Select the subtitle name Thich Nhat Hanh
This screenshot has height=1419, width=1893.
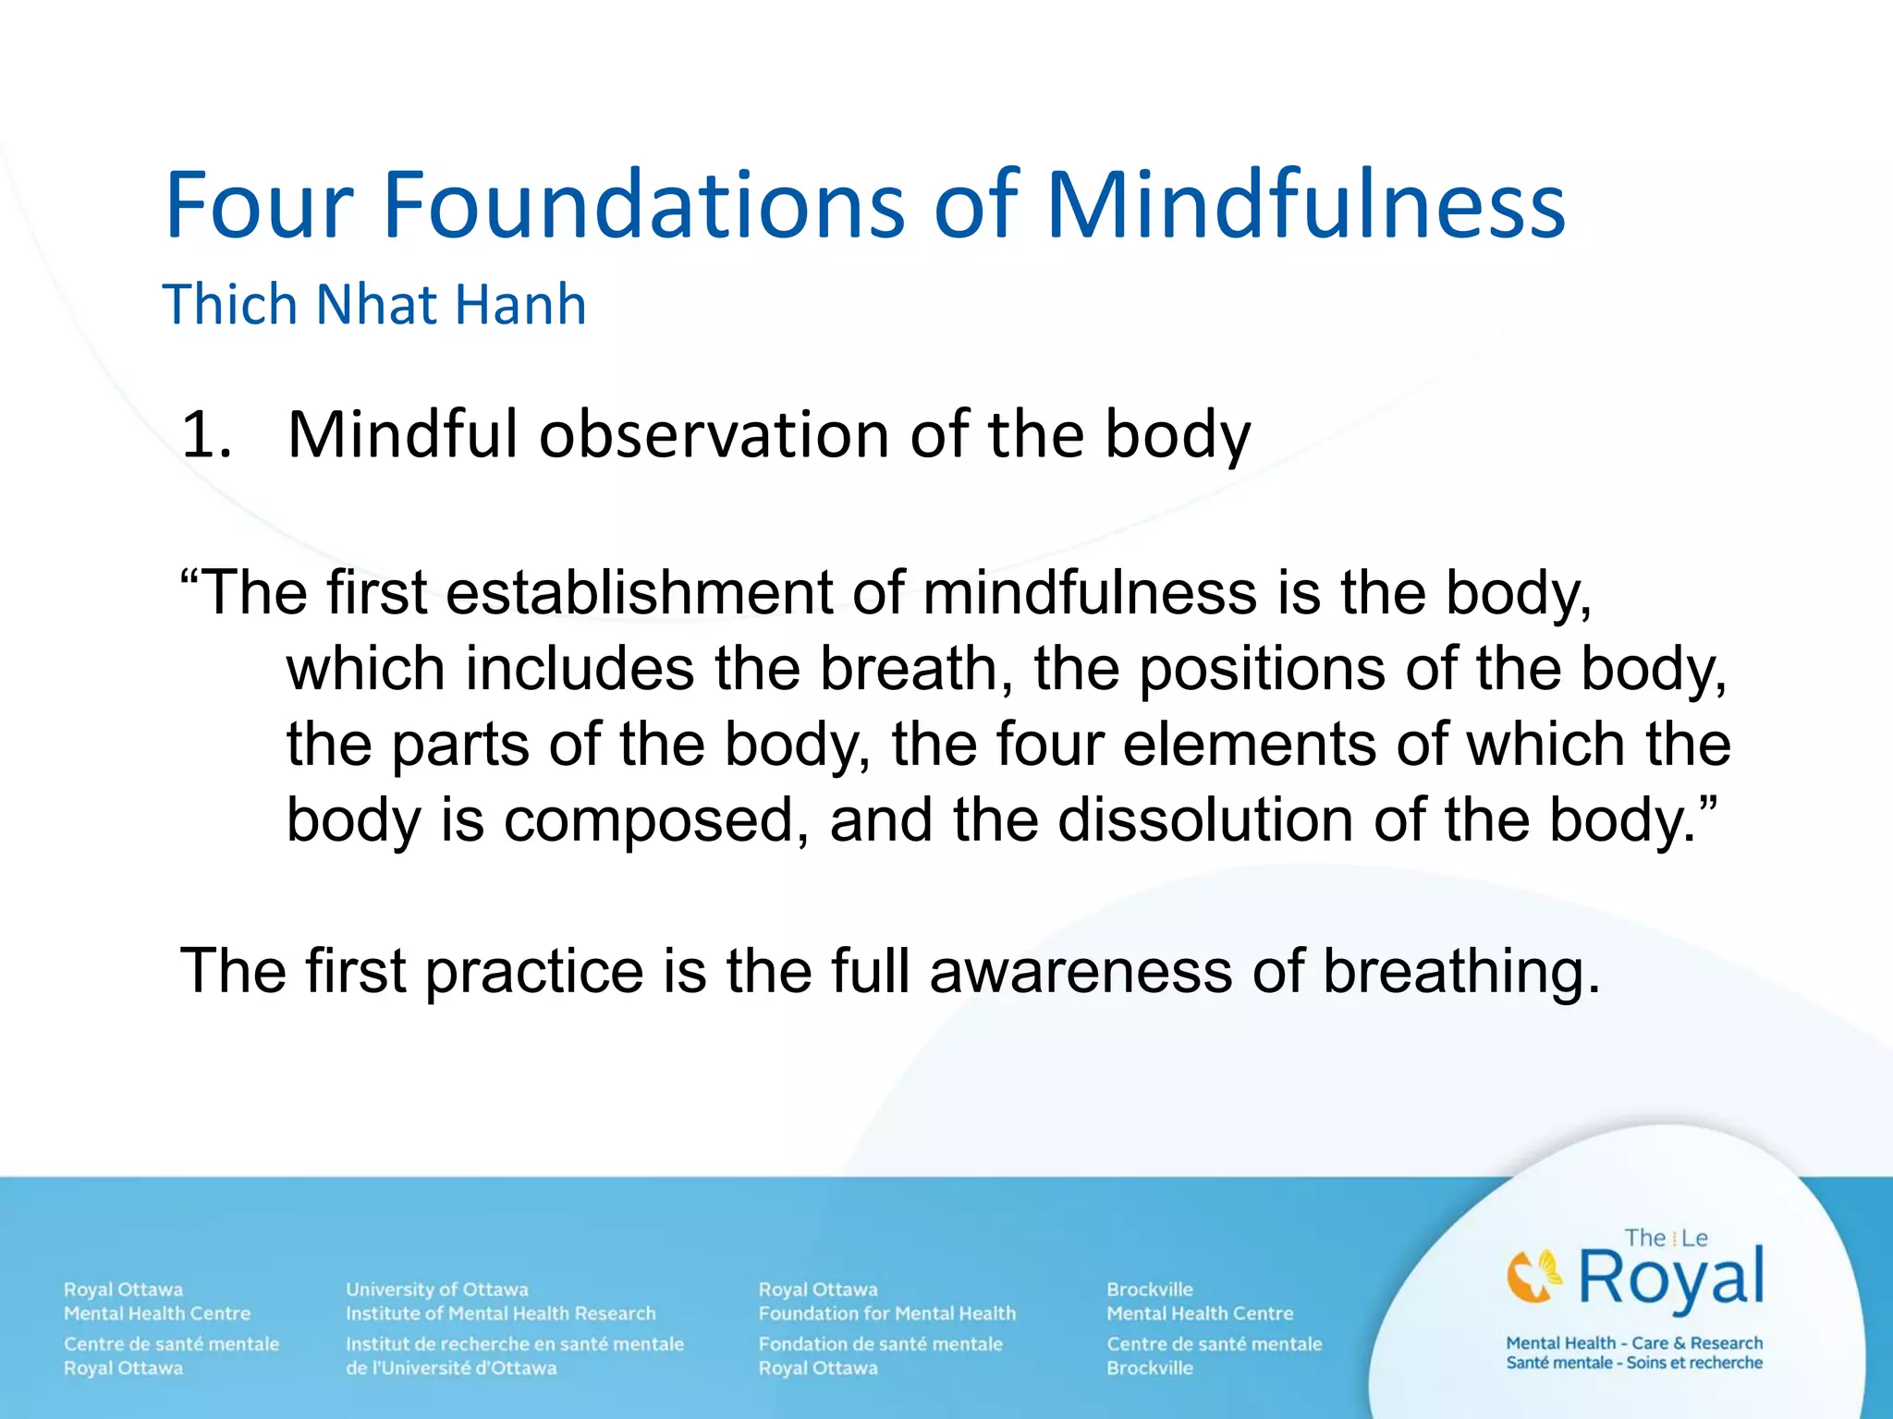click(x=374, y=305)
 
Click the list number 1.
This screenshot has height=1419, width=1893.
click(x=205, y=434)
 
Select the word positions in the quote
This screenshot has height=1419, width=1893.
click(x=1261, y=668)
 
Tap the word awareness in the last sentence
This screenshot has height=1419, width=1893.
click(x=1081, y=972)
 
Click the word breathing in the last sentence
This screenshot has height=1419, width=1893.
click(x=1460, y=972)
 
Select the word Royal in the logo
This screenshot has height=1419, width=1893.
click(x=1671, y=1278)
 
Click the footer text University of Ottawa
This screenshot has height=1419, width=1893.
click(x=436, y=1290)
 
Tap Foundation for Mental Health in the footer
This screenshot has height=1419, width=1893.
click(x=886, y=1314)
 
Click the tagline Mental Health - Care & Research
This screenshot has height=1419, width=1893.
click(x=1633, y=1343)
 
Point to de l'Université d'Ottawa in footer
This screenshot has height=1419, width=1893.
click(x=451, y=1368)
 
